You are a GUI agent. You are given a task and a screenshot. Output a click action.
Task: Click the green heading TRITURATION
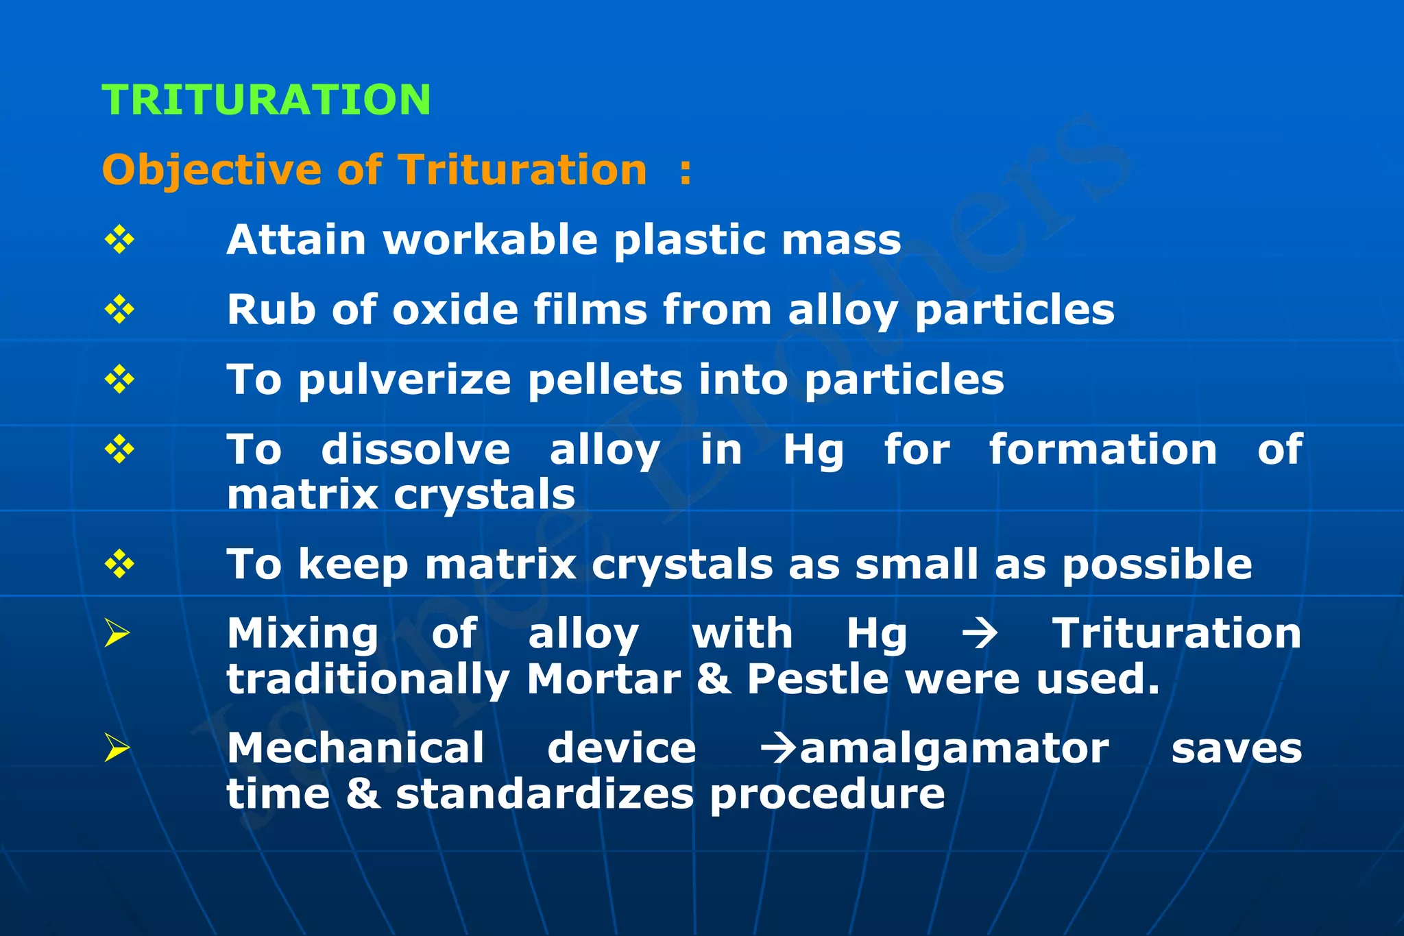pos(266,100)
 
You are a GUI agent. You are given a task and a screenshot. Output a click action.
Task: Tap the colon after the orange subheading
pos(685,171)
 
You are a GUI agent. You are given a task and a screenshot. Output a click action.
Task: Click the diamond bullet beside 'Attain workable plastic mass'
pos(119,240)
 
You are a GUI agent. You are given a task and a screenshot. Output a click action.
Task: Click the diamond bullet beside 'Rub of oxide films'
pos(119,310)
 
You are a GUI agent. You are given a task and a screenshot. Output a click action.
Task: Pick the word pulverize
pos(404,380)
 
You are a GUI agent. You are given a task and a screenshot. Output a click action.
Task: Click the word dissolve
pos(415,450)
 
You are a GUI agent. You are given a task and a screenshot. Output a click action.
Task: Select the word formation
pos(1102,450)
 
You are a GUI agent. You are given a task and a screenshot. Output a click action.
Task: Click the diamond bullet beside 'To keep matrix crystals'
pos(119,565)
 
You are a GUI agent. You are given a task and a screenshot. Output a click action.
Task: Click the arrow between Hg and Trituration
pos(979,634)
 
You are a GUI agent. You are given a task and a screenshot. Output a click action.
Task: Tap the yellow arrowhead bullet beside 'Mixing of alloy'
pos(117,633)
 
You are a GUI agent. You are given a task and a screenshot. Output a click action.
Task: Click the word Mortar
pos(603,680)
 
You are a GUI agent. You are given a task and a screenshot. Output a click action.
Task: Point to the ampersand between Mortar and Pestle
pos(713,680)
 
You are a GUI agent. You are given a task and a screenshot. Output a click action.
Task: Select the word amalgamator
pos(954,749)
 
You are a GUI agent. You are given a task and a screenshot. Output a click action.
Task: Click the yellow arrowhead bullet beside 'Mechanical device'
pos(117,748)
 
